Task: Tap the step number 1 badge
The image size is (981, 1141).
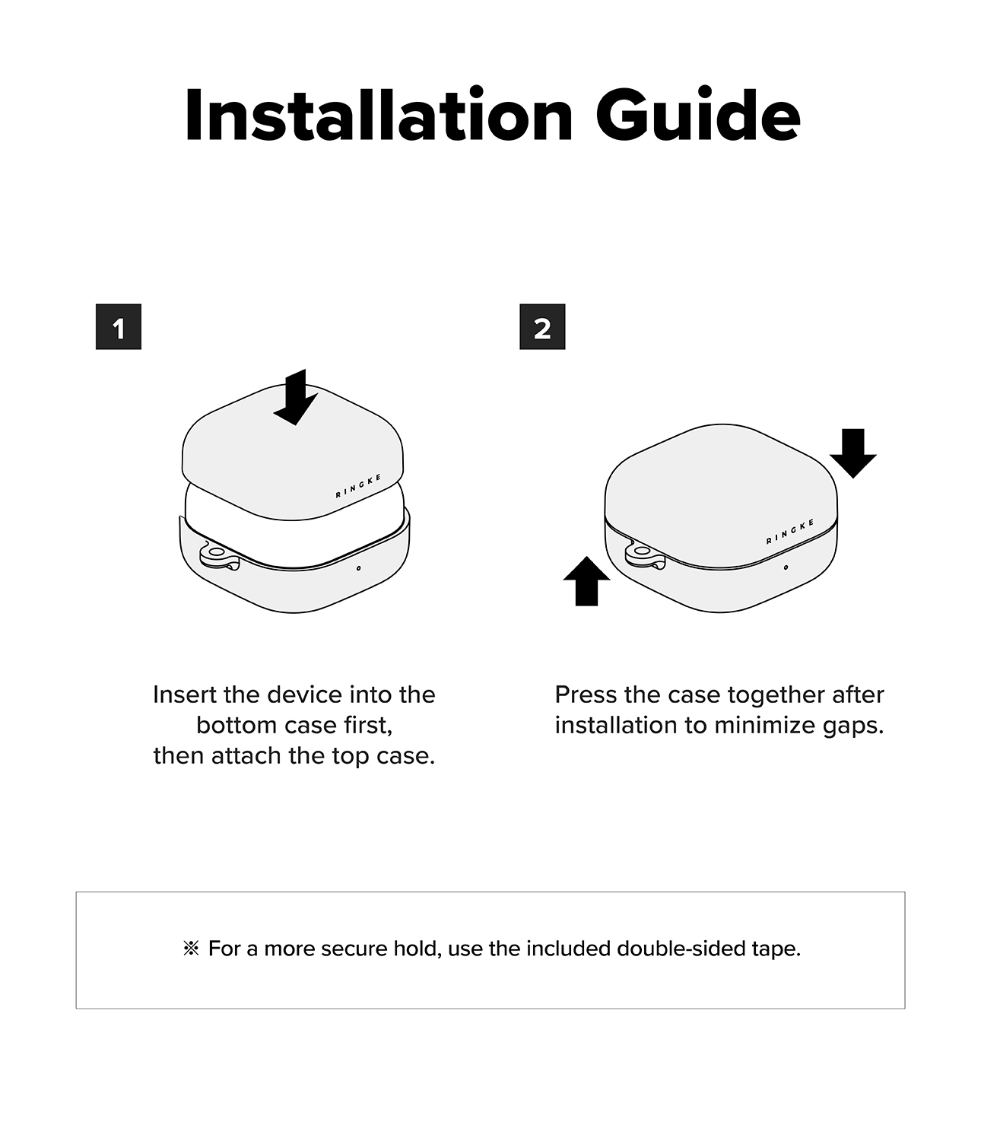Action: pos(119,326)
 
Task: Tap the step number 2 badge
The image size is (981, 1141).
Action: pos(542,326)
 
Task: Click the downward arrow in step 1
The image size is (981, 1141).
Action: pos(296,397)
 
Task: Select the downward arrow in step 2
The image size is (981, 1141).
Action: pos(853,453)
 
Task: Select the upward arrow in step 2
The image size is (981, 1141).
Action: pos(586,580)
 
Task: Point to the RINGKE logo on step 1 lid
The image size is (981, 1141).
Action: pos(359,486)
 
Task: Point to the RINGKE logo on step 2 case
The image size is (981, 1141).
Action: pos(790,532)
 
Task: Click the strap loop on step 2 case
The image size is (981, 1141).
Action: pos(644,555)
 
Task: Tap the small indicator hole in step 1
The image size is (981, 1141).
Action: pos(359,568)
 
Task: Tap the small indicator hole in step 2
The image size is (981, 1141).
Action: pos(786,567)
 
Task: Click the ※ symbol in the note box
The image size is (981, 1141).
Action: pos(191,949)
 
